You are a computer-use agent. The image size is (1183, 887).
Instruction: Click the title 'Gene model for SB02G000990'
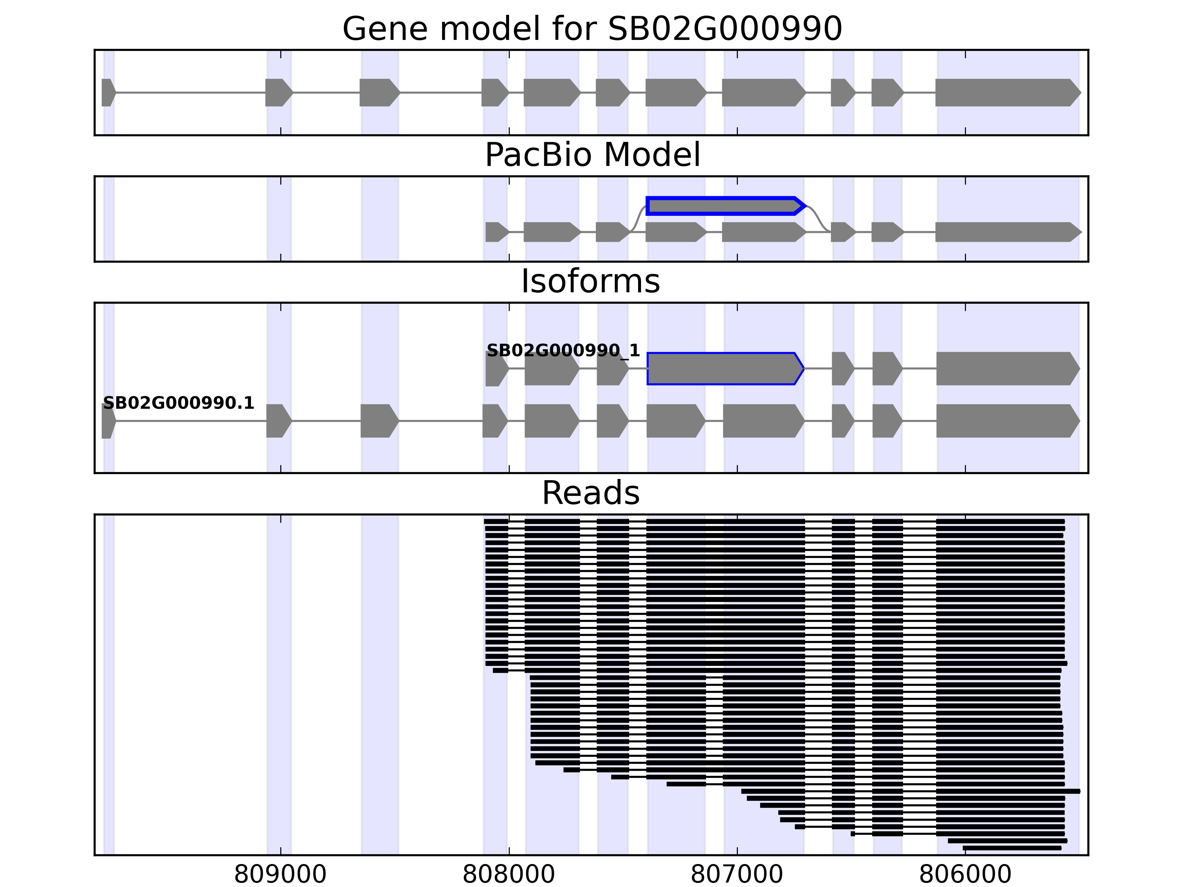(x=592, y=28)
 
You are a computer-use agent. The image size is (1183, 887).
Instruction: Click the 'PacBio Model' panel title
(x=592, y=155)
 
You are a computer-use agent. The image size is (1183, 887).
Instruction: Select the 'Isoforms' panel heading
(x=590, y=281)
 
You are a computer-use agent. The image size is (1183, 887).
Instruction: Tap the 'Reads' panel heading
(x=590, y=493)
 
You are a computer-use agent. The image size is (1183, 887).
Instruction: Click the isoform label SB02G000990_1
(x=563, y=351)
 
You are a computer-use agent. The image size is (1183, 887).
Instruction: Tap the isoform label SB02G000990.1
(x=178, y=403)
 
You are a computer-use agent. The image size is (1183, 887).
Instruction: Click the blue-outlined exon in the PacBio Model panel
(x=725, y=206)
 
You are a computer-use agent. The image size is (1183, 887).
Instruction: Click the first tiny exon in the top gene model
(x=108, y=92)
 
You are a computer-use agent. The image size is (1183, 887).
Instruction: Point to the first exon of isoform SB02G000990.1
(x=108, y=421)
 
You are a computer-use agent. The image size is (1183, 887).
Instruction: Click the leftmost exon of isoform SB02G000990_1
(x=496, y=368)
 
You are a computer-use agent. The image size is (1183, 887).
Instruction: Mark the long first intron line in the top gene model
(x=190, y=92)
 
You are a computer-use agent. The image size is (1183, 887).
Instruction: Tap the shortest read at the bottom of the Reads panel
(x=1011, y=848)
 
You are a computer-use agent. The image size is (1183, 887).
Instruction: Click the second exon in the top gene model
(x=278, y=92)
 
